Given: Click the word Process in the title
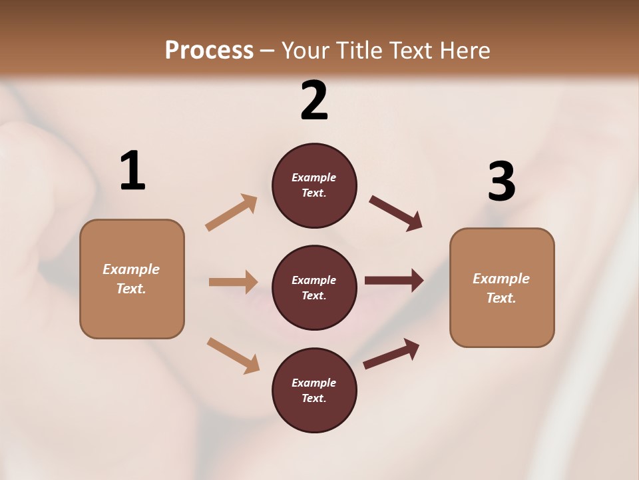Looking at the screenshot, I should point(209,51).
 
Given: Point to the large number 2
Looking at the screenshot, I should point(314,101).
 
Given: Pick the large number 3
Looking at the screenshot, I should point(501,181).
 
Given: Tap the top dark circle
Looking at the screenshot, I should point(314,185).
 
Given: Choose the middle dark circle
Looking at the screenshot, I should point(314,287).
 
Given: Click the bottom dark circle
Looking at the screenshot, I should point(314,390).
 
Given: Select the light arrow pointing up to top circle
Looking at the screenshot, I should point(232,213).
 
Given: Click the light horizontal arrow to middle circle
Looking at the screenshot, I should point(233,282).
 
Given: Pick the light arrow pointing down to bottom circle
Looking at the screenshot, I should point(233,355).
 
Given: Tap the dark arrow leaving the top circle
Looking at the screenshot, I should point(396,213).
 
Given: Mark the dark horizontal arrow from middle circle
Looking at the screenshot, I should point(394,281).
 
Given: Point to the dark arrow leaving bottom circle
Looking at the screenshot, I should point(391,354).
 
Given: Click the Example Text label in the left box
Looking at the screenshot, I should point(131,279).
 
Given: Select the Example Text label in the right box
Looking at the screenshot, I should point(501,288).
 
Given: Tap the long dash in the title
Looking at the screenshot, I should point(268,51).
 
